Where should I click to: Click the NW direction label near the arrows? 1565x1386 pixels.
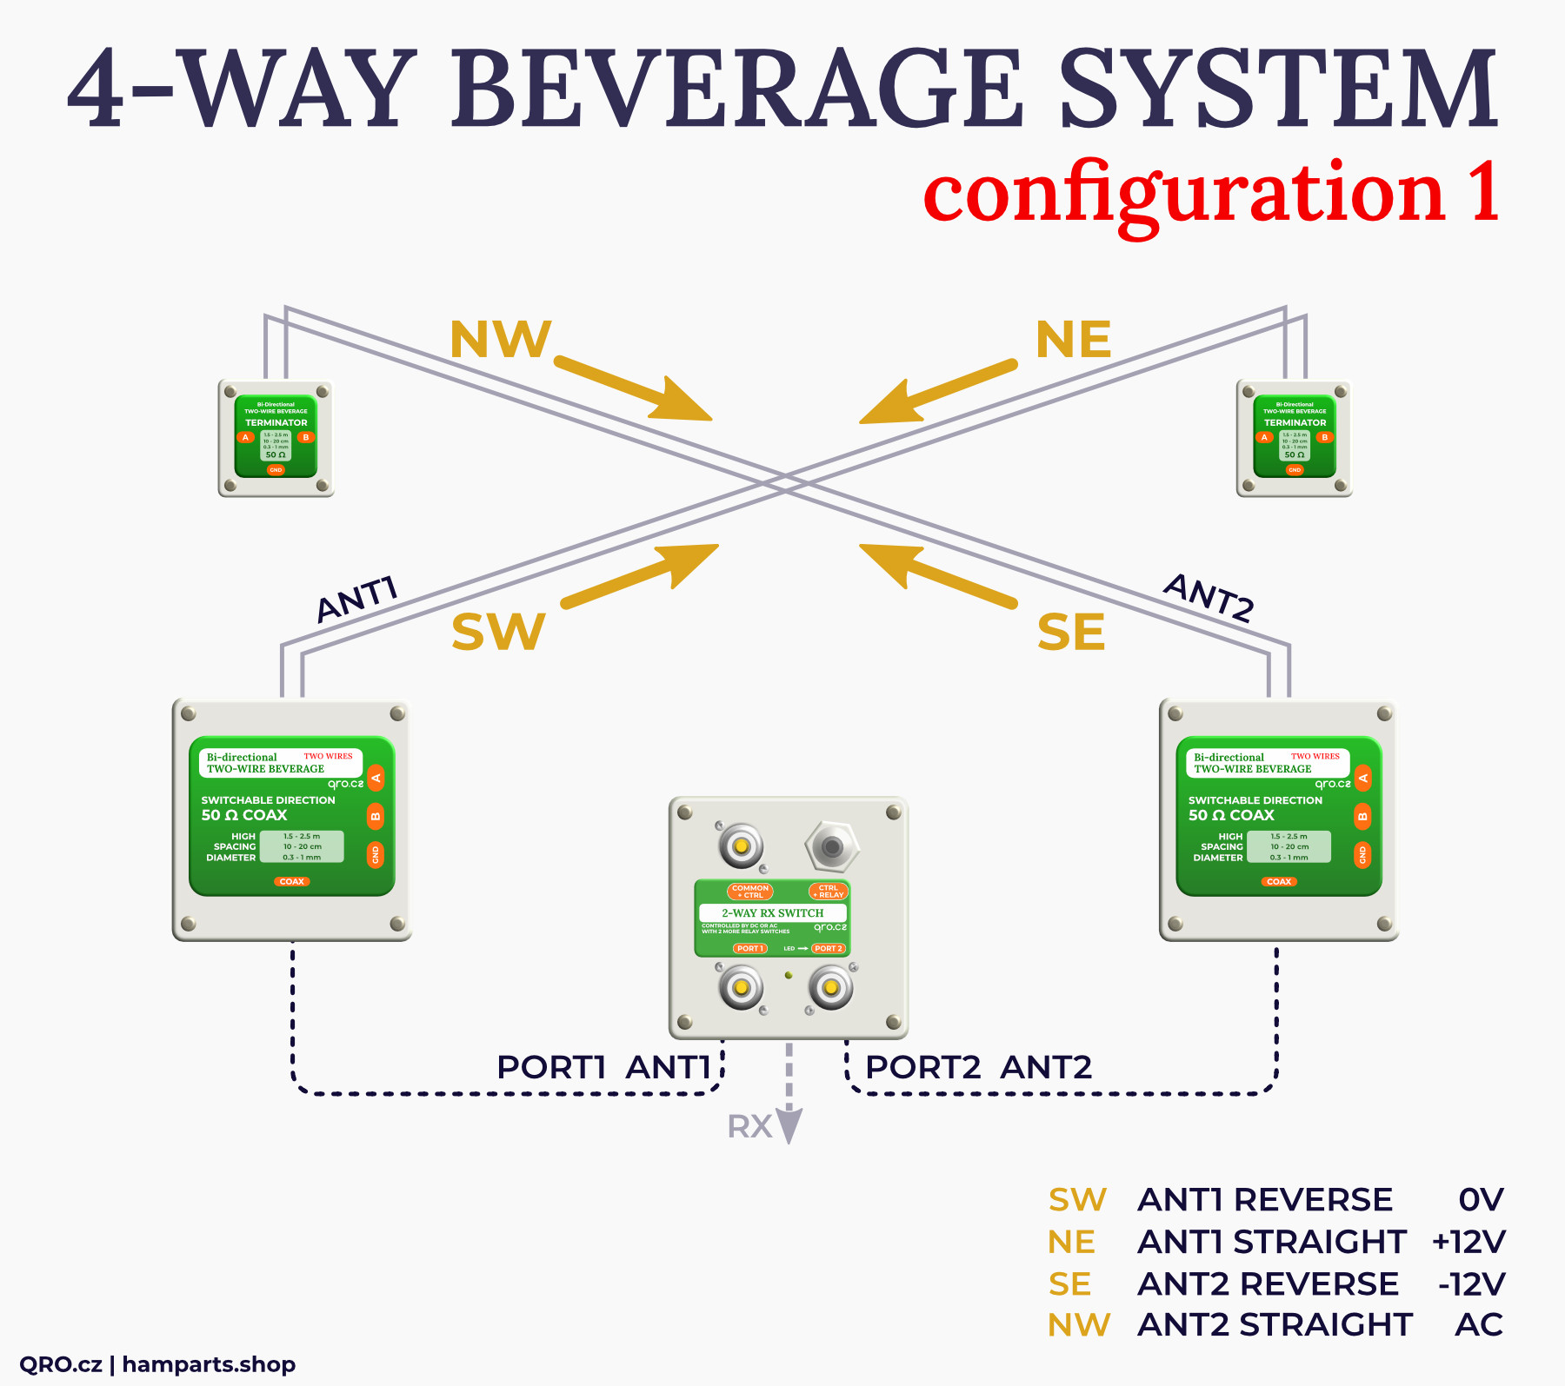point(500,340)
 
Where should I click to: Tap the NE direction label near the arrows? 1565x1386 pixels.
point(1073,340)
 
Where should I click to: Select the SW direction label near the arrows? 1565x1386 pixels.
point(498,632)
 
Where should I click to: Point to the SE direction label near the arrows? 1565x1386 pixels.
point(1071,632)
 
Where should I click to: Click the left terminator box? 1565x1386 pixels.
point(276,439)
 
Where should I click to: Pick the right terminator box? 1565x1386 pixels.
point(1294,439)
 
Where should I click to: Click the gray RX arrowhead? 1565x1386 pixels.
point(789,1126)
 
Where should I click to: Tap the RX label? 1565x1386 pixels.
point(749,1127)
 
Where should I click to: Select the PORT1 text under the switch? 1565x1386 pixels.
point(550,1067)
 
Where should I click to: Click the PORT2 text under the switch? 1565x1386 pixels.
point(922,1067)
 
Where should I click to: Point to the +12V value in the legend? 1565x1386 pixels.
point(1468,1242)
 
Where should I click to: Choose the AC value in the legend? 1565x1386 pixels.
point(1479,1324)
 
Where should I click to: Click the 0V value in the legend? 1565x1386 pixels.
point(1481,1200)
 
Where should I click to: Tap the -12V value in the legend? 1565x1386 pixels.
point(1471,1283)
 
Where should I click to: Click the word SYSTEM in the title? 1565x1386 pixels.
point(1279,89)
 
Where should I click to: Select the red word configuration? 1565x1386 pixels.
point(1183,193)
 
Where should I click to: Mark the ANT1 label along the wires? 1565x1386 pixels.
point(357,600)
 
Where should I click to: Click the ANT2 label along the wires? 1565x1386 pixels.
point(1209,598)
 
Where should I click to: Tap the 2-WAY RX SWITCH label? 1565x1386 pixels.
point(772,912)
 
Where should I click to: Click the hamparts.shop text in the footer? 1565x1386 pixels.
point(209,1364)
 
